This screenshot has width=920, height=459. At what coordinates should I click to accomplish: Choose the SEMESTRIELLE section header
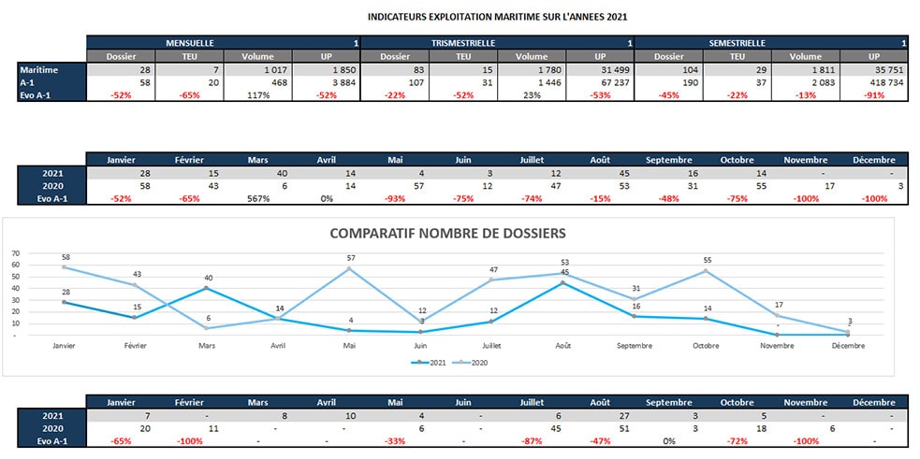click(738, 43)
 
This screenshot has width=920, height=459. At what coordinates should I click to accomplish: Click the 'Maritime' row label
click(40, 70)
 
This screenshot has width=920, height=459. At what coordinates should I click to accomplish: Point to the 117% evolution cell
click(254, 96)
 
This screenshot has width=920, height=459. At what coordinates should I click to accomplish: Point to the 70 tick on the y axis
click(14, 253)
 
